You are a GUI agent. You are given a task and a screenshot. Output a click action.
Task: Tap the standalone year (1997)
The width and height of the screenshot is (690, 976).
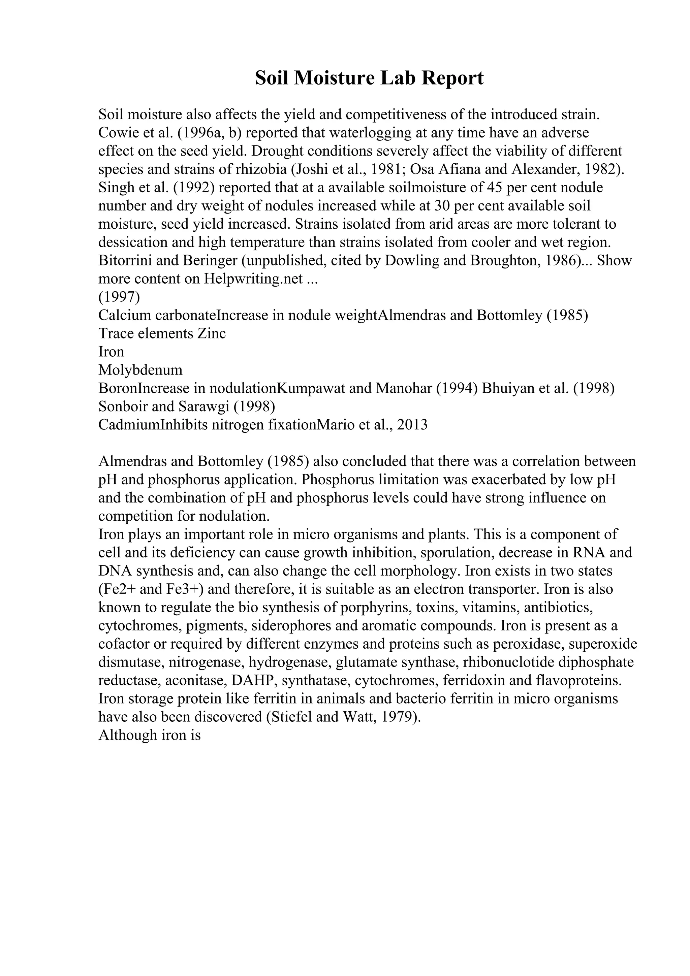coord(119,297)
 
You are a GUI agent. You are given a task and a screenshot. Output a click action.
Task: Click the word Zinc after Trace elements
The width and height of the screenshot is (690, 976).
coord(211,333)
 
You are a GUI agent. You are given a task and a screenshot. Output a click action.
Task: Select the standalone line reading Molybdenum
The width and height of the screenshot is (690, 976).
coord(140,370)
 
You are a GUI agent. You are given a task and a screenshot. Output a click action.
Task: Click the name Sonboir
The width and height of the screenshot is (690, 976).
coord(123,406)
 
